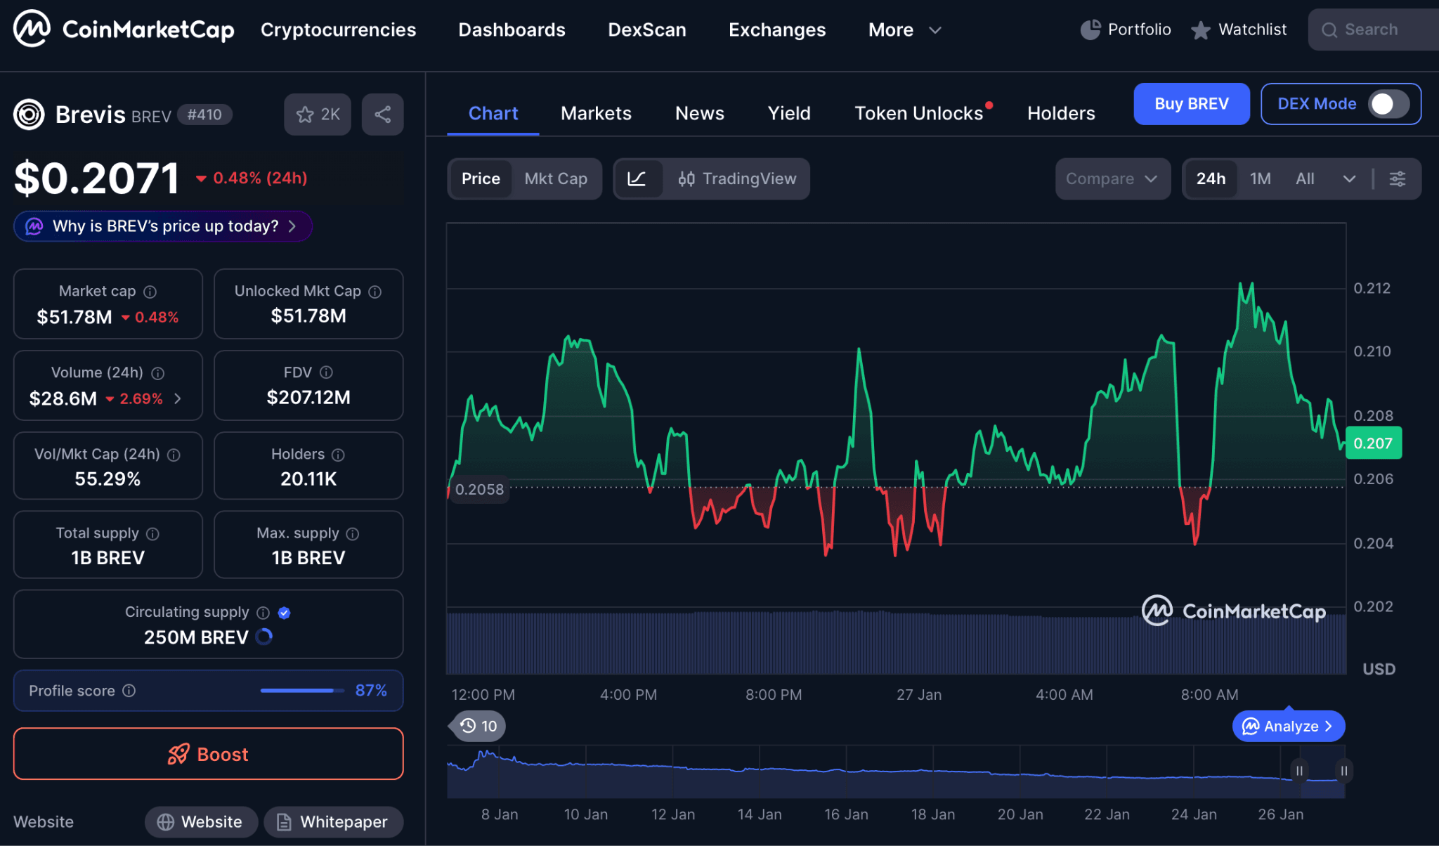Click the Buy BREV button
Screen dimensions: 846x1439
click(1191, 104)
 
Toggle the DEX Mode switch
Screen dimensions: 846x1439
click(1388, 104)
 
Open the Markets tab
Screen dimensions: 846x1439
click(596, 113)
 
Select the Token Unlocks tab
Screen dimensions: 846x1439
click(918, 113)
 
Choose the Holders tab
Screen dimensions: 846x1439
click(1061, 113)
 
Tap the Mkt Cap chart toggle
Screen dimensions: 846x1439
click(556, 179)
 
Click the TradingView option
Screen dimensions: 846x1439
click(737, 179)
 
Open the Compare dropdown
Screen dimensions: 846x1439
click(1112, 179)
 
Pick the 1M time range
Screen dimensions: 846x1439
click(1260, 179)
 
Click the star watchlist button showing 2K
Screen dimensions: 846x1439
click(318, 115)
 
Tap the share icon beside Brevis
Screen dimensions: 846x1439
click(382, 115)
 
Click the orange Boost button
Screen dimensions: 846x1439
click(208, 754)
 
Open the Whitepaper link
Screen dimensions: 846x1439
click(333, 822)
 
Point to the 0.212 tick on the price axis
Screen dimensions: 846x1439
click(1372, 288)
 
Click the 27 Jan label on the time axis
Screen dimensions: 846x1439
click(918, 695)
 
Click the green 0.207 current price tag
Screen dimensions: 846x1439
click(1373, 443)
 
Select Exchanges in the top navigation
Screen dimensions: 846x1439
click(777, 30)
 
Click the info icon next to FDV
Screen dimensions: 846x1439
click(326, 372)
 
